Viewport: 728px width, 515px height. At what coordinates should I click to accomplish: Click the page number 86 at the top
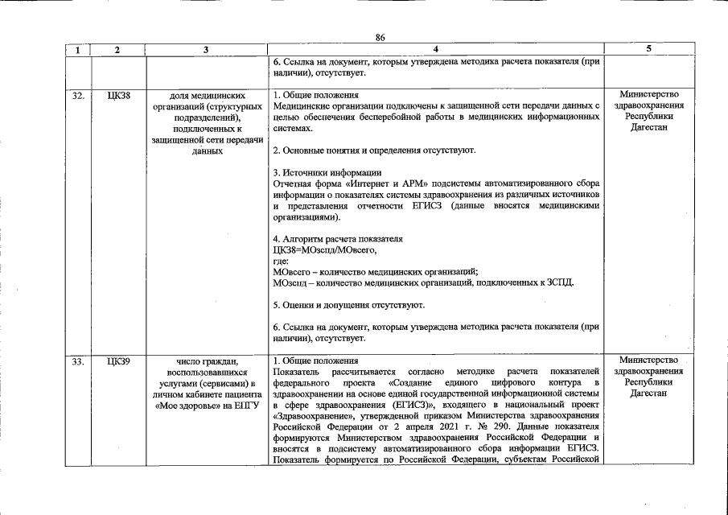click(x=380, y=37)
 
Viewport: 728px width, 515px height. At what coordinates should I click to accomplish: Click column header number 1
click(x=78, y=50)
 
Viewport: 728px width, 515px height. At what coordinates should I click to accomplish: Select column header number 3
click(x=206, y=50)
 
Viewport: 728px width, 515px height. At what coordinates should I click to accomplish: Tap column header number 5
click(x=648, y=50)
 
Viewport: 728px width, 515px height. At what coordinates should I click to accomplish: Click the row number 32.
click(x=78, y=96)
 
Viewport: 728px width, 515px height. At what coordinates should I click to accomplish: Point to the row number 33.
click(x=78, y=360)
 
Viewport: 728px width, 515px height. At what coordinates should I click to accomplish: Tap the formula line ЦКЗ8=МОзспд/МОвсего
click(x=324, y=250)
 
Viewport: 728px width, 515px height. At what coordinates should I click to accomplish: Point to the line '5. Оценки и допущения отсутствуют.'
click(x=348, y=305)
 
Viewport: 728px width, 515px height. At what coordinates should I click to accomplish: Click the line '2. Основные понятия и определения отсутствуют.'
click(x=374, y=150)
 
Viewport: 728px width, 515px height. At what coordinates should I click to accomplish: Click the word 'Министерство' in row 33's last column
click(x=648, y=360)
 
